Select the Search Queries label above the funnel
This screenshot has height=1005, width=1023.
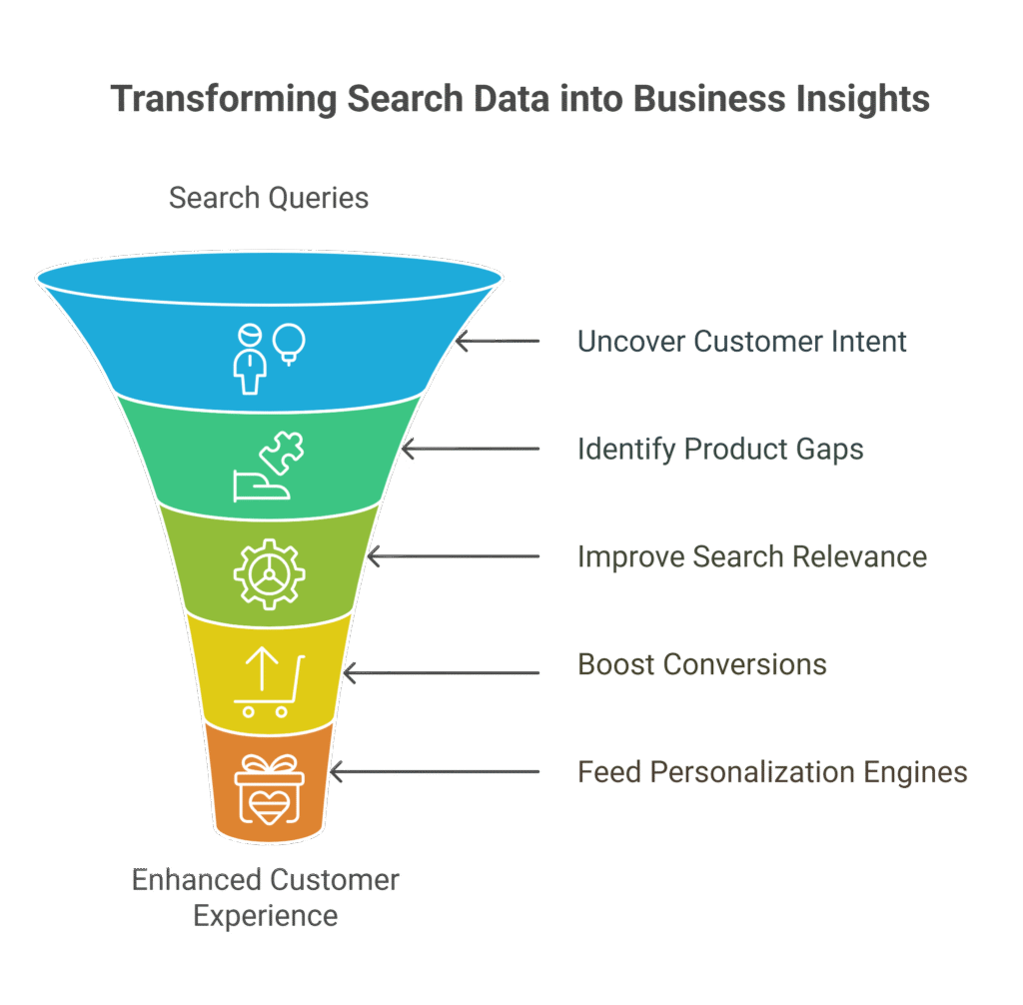tap(269, 198)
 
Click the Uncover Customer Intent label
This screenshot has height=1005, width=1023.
tap(742, 342)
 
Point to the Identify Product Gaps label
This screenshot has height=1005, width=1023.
tap(720, 450)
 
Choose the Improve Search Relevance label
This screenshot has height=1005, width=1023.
tap(752, 556)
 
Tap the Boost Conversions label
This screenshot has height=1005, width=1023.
tap(702, 664)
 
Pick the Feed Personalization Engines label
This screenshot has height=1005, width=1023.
tap(772, 772)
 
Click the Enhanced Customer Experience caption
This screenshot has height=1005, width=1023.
tap(266, 897)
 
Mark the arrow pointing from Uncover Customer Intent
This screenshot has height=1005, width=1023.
tap(497, 342)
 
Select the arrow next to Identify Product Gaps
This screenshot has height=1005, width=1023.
tap(470, 450)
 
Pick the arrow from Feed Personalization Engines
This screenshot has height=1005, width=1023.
tap(434, 772)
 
